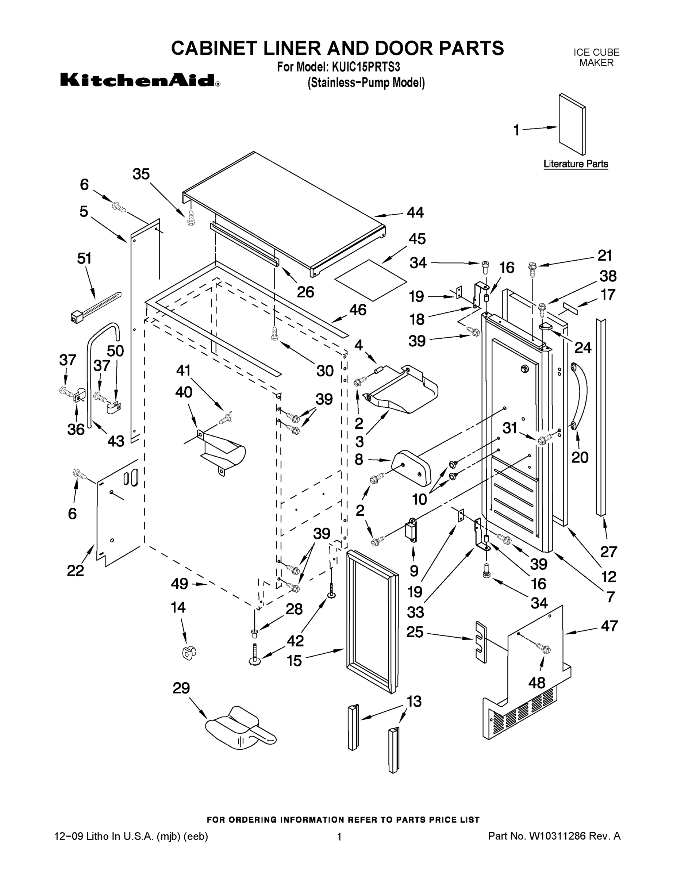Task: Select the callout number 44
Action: coord(415,212)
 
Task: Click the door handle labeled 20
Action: coord(580,395)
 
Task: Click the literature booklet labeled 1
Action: coord(572,124)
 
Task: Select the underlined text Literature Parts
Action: coord(576,164)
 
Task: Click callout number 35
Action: coord(141,174)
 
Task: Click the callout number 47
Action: coord(609,626)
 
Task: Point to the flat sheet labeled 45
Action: coord(370,280)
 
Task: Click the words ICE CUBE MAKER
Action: coord(596,57)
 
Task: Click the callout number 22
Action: coord(76,570)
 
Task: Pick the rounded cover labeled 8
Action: coord(411,468)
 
